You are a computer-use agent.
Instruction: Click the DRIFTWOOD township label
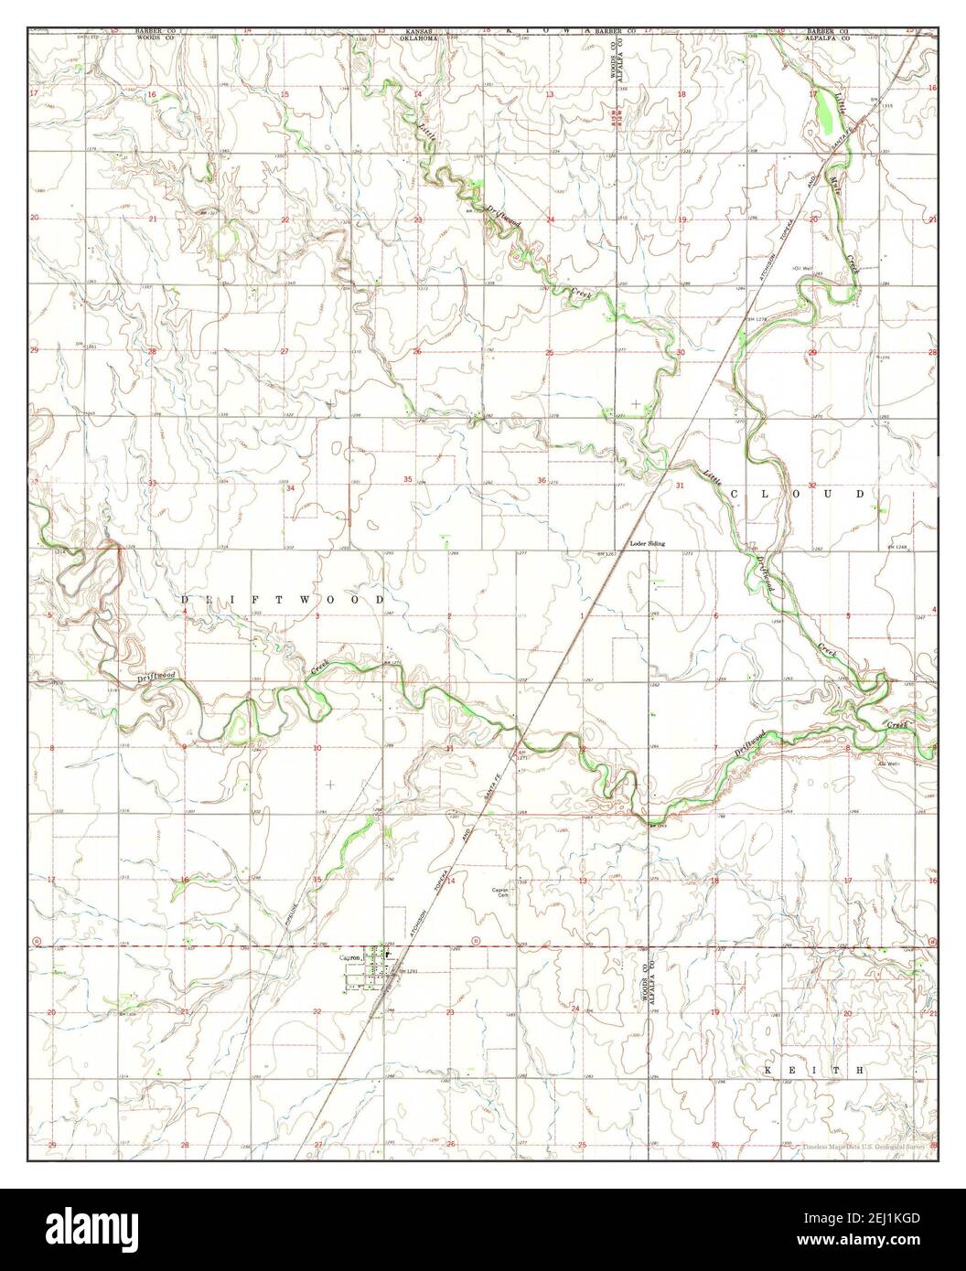point(284,599)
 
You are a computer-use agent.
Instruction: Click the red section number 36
point(542,481)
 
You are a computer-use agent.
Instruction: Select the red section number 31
point(680,486)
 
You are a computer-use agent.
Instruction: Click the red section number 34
point(290,489)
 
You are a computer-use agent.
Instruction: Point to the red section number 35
point(408,480)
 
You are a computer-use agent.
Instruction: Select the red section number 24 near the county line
point(574,1008)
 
